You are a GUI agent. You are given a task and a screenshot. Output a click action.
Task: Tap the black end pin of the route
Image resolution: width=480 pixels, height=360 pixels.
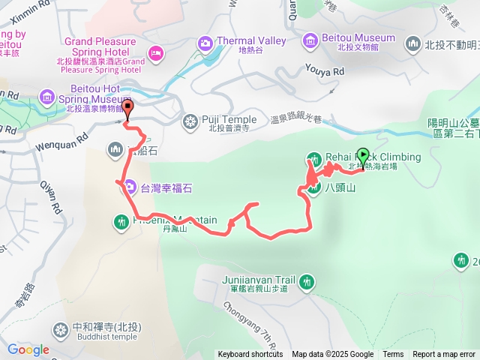[127, 109]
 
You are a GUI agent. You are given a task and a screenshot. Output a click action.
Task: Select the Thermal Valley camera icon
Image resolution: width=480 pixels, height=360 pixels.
[205, 44]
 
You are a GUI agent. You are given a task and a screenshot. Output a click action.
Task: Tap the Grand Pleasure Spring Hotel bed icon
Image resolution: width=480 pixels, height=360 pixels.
[156, 52]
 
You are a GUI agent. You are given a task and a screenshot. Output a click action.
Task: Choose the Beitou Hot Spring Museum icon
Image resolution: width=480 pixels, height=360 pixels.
[48, 97]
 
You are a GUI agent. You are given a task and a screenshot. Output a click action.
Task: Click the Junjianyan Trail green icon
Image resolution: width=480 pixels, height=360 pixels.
[306, 282]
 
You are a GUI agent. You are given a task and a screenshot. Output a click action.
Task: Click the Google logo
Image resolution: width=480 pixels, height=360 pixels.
[28, 349]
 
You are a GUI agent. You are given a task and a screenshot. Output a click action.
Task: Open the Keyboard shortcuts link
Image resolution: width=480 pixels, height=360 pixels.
[250, 355]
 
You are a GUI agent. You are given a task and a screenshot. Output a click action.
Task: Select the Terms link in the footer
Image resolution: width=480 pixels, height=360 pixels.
[393, 355]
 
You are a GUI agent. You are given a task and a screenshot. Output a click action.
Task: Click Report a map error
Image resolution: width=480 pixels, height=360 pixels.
[444, 355]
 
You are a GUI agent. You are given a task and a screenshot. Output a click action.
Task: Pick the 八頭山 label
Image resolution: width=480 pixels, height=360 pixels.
[340, 188]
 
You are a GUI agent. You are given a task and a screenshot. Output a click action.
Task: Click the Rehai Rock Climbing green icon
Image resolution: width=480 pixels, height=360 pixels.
[313, 158]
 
